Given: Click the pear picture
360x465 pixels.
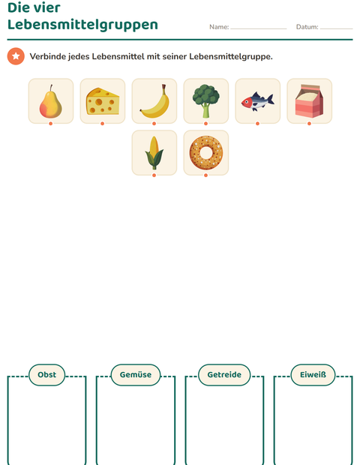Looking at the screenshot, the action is (x=51, y=101).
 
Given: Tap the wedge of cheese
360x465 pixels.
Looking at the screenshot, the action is (x=103, y=101).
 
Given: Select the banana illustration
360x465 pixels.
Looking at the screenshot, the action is (x=154, y=101).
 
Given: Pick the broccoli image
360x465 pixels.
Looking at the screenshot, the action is (x=205, y=101).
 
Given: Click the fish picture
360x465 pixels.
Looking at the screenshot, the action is (x=257, y=101).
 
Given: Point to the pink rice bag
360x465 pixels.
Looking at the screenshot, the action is (x=309, y=100).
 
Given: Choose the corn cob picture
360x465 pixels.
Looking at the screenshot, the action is (x=154, y=153).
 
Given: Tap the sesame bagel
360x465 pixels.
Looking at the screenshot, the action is (x=206, y=153).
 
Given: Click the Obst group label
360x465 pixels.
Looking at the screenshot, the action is (x=46, y=375).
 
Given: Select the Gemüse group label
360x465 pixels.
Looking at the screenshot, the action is (x=136, y=375).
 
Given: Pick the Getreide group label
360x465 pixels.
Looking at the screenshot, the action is (x=224, y=375).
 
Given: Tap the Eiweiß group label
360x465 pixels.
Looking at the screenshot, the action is (x=313, y=375).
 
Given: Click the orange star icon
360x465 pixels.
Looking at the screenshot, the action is (x=16, y=56).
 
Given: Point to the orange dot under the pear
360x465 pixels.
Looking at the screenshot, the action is (x=51, y=124).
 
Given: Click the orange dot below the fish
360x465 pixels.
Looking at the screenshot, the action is (x=257, y=124).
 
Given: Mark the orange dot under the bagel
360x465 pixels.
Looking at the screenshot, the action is (x=205, y=175).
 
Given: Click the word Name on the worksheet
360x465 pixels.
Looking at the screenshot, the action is (x=219, y=27).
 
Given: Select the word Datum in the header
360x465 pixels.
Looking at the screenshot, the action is (x=307, y=27).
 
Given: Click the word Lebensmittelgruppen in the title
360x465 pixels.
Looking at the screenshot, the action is (x=82, y=25).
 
